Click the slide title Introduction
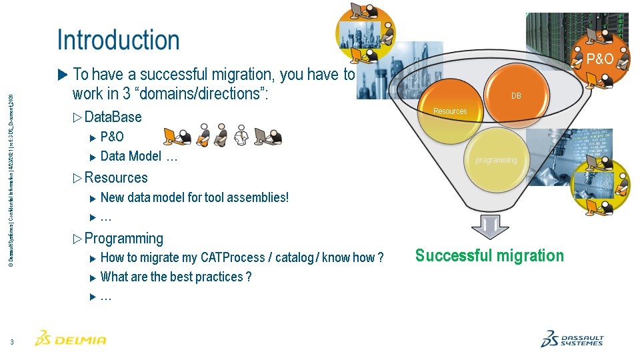click(118, 40)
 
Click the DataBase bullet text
click(113, 117)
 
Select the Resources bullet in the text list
click(116, 178)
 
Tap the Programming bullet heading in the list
click(123, 239)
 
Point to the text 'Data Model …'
click(139, 157)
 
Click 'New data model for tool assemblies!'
click(194, 197)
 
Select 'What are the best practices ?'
click(175, 277)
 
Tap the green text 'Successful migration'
click(489, 256)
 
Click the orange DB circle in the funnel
click(516, 93)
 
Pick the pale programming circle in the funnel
click(496, 159)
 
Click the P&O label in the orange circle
click(599, 59)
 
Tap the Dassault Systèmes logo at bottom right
click(571, 339)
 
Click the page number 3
click(12, 343)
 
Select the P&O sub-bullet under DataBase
click(112, 137)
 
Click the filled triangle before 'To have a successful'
click(63, 74)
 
